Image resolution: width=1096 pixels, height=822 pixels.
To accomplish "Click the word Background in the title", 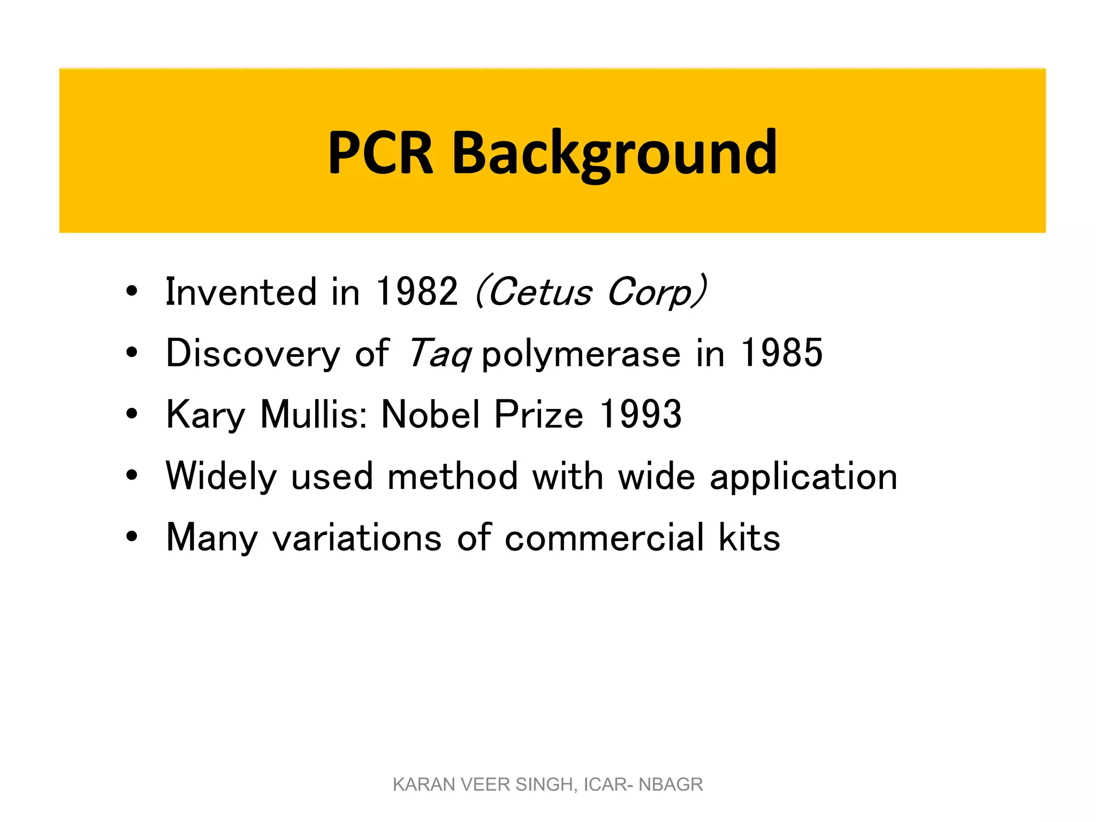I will (x=614, y=154).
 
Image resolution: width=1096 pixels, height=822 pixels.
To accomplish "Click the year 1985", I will (x=781, y=353).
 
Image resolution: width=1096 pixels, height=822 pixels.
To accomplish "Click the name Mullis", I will (x=313, y=414).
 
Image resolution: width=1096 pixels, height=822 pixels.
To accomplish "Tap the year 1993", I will (x=641, y=414).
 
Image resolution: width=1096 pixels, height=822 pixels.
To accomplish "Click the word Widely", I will (x=221, y=476).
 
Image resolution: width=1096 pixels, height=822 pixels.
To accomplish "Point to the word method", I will (x=452, y=476).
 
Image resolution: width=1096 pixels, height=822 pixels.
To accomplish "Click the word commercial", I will (x=604, y=538).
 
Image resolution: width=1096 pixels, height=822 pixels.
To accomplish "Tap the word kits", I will (x=749, y=538).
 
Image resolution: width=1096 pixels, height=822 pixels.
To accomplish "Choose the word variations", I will (x=357, y=538).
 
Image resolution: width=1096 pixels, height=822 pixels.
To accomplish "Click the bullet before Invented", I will (x=132, y=292).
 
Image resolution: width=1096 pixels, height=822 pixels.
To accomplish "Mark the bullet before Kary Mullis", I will (x=132, y=414).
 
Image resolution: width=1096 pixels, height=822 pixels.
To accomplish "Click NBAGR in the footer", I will (x=671, y=785).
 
